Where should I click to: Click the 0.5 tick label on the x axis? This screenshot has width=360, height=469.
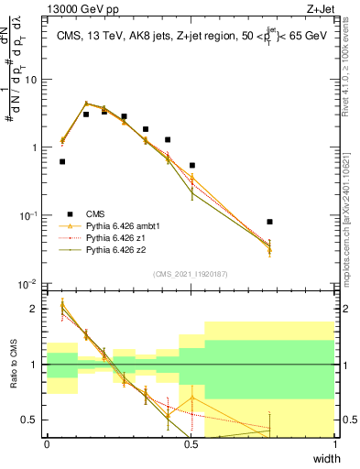[191, 444]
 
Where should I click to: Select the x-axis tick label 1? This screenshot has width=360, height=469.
[335, 444]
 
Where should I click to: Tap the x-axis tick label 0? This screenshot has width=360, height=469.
[47, 444]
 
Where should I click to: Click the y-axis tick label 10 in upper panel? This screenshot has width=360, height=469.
[30, 79]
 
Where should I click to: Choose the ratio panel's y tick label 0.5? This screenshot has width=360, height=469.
[32, 420]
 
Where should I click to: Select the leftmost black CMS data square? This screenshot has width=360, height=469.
[62, 161]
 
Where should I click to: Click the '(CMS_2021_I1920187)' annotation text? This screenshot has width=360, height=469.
[191, 273]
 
